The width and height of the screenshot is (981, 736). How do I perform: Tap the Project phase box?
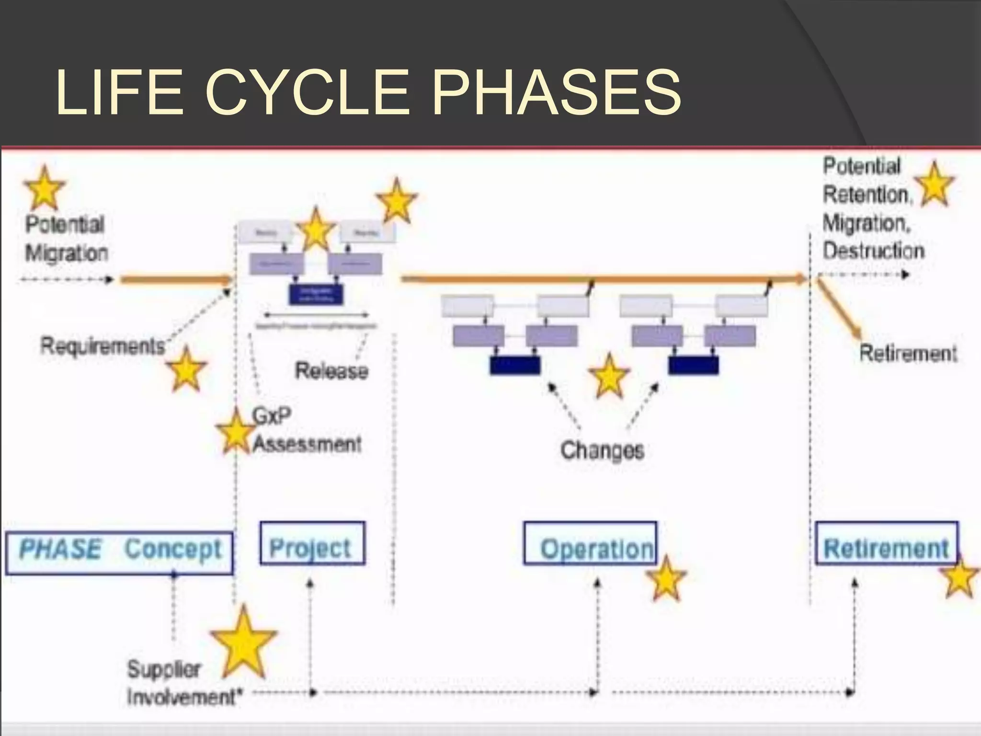[312, 543]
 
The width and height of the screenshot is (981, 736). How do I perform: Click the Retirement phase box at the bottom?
[886, 543]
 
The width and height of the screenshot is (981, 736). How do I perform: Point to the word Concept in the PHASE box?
[173, 549]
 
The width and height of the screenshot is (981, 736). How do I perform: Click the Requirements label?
[103, 346]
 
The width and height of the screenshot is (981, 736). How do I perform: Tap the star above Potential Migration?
[44, 188]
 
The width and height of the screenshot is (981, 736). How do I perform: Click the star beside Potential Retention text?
[934, 185]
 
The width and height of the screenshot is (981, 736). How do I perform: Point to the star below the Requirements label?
[186, 369]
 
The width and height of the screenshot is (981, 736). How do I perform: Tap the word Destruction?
[873, 251]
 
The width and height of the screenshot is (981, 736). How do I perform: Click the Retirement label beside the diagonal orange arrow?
[908, 354]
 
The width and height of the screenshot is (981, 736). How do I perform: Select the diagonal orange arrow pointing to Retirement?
[840, 310]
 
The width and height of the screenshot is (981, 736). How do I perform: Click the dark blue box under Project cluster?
[316, 294]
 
